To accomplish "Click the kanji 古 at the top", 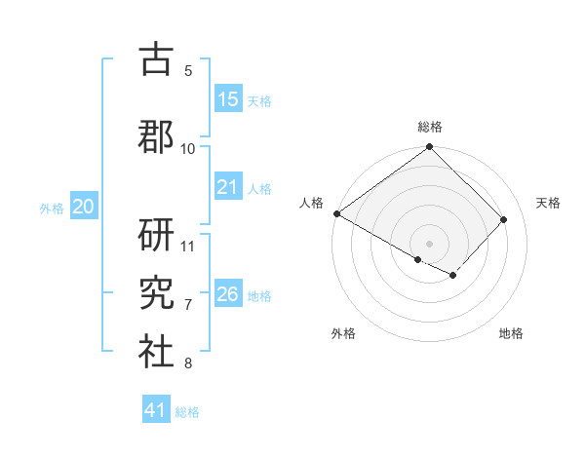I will tap(156, 60).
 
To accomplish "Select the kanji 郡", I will tap(156, 135).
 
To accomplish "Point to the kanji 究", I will tap(156, 293).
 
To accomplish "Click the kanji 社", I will tap(156, 352).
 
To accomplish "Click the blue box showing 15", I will tap(228, 99).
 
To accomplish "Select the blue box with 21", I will tap(228, 187).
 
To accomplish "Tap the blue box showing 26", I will tap(228, 294).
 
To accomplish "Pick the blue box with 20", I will tap(84, 207).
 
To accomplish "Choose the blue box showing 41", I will tap(156, 410).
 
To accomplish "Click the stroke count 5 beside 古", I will tap(188, 71).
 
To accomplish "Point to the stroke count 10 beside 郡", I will tap(188, 149).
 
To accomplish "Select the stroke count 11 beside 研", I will tap(188, 247).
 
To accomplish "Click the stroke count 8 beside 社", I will tap(188, 363).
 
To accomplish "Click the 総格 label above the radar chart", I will tap(430, 127).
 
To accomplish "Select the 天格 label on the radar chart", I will tap(548, 203).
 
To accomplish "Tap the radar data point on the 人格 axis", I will tap(336, 213).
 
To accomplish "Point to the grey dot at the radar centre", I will tap(429, 243).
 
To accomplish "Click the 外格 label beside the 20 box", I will tap(52, 208).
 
